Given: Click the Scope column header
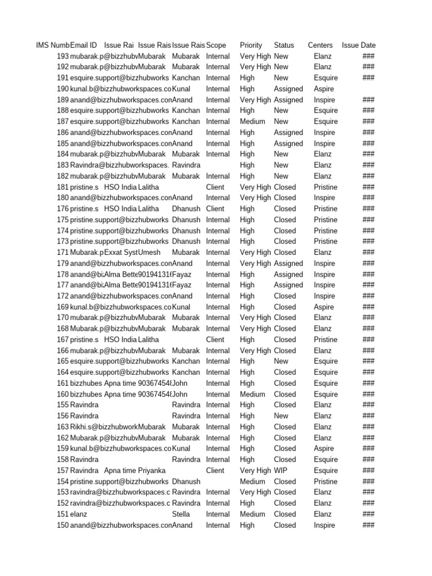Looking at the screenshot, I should (216, 45).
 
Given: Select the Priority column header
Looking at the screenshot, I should (251, 45).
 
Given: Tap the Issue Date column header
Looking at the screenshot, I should (359, 45).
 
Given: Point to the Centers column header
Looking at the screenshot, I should (320, 45).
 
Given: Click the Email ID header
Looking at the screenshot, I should (83, 45).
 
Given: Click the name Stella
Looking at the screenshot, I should (181, 514).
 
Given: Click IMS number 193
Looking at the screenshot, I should (62, 56).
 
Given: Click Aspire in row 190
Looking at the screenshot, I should (324, 89).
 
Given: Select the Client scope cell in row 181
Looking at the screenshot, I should (215, 187).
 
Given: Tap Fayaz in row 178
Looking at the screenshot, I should (182, 274).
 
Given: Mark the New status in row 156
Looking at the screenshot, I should (281, 416).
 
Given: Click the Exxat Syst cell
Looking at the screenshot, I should (121, 253).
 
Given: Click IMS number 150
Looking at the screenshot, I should (62, 525).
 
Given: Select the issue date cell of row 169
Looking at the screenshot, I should (368, 307).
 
